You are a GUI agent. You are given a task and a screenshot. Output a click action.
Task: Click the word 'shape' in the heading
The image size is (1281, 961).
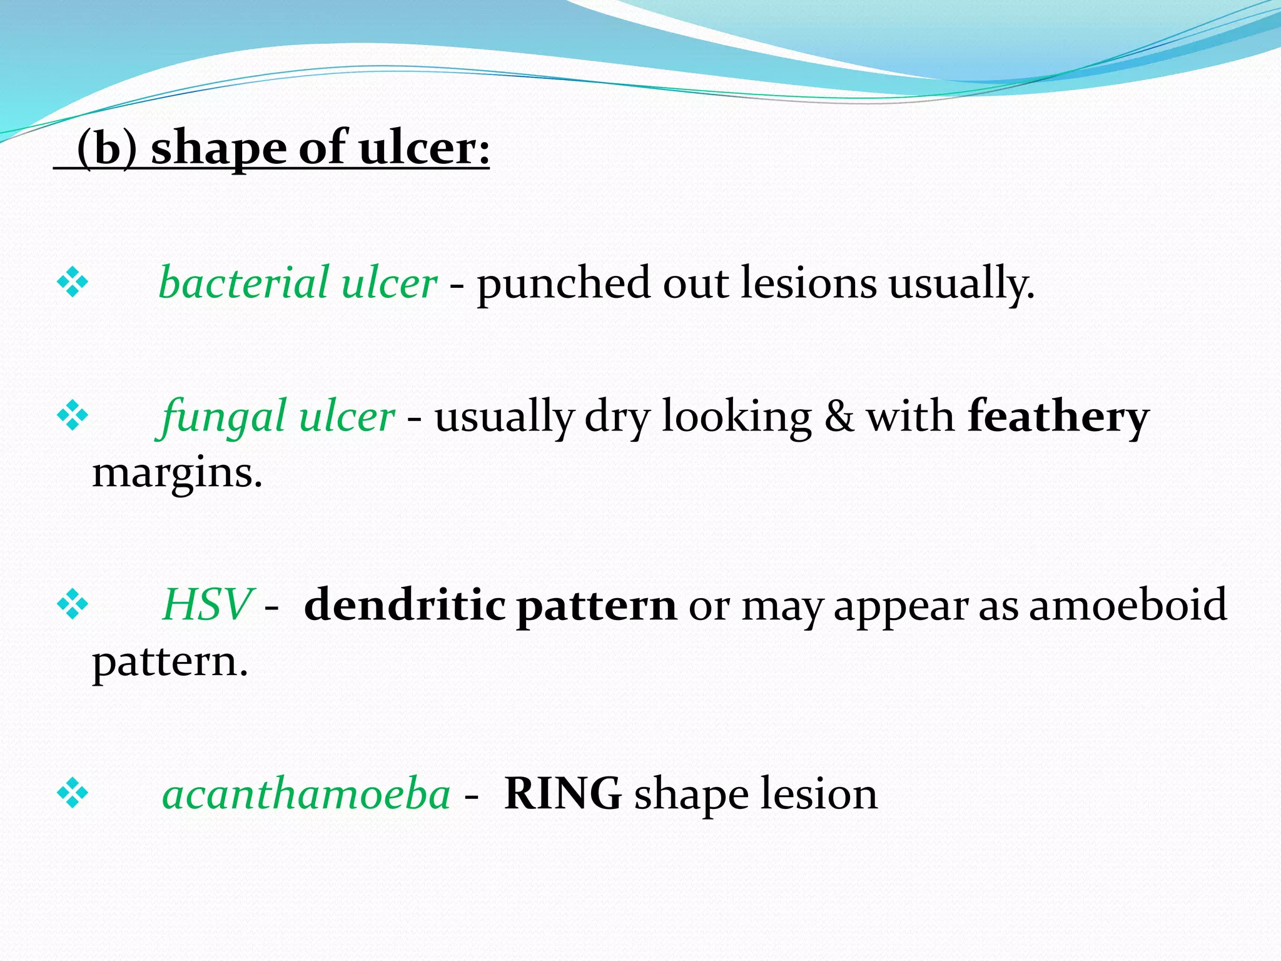[218, 149]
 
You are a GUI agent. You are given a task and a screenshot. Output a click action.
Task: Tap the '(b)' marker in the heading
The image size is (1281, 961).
[106, 149]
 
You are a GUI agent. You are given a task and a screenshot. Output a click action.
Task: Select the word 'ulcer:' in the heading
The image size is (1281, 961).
[424, 149]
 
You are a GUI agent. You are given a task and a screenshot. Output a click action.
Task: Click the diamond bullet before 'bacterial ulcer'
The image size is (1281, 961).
[73, 283]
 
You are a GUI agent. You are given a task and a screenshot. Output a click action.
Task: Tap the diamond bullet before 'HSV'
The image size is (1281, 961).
[73, 605]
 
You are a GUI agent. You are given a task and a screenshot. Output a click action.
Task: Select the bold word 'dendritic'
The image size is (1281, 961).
[404, 605]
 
